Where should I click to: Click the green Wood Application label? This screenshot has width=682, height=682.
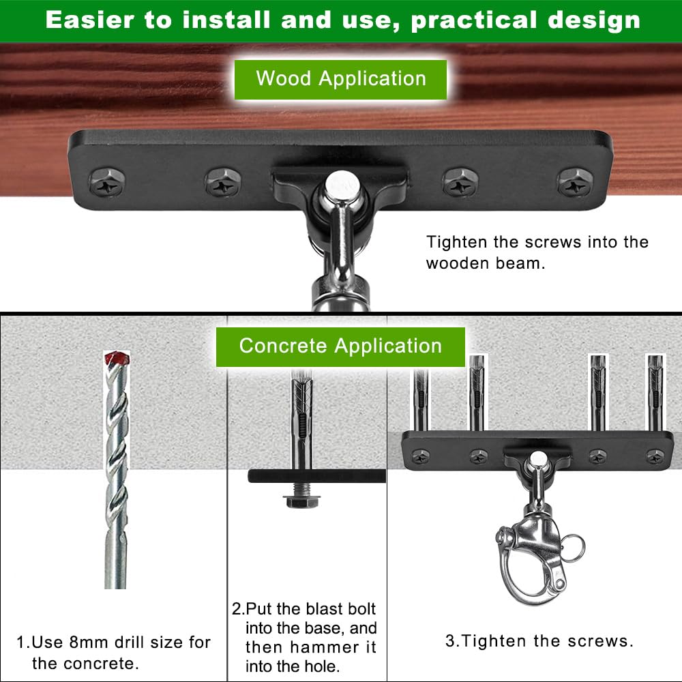point(340,80)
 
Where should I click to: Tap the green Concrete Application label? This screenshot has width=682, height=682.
point(340,346)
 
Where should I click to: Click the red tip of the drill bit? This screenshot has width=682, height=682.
point(117,358)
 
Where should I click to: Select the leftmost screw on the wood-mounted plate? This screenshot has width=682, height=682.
point(108,182)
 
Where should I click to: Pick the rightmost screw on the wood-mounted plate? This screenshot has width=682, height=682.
point(576,182)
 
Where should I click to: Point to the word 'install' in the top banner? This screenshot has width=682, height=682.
point(226,20)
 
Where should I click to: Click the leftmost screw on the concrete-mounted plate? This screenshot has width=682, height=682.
point(421,457)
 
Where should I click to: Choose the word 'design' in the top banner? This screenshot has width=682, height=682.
point(594,21)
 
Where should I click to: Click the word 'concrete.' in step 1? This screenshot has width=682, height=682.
point(85,664)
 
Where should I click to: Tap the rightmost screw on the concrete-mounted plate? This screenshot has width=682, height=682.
point(655,457)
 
